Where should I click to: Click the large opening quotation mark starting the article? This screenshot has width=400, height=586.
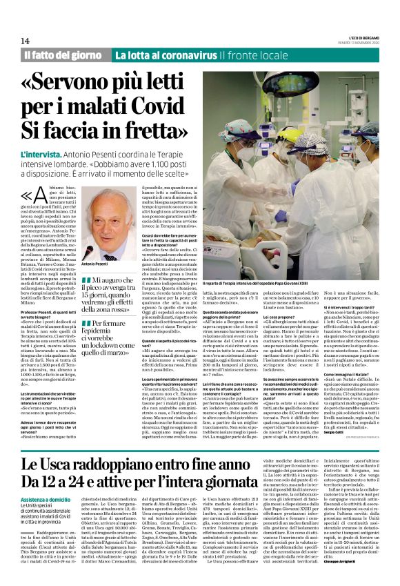tap(32, 197)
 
